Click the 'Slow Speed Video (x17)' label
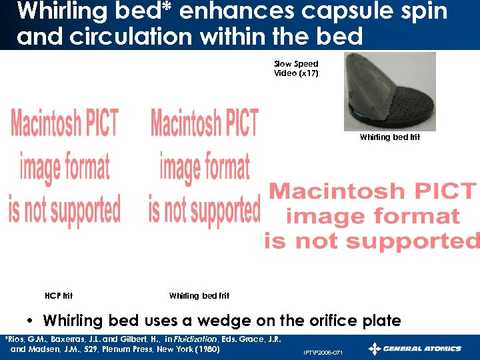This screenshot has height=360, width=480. coord(296,69)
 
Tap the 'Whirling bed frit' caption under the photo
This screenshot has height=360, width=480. coord(390,137)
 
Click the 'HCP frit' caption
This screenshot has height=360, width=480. coord(59,295)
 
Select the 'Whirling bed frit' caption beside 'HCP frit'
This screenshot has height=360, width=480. coord(199,295)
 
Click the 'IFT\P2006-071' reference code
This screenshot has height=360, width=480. coord(323,352)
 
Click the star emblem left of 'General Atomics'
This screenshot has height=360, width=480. coord(375,348)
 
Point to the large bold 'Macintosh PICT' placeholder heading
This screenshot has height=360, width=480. coord(373,191)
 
